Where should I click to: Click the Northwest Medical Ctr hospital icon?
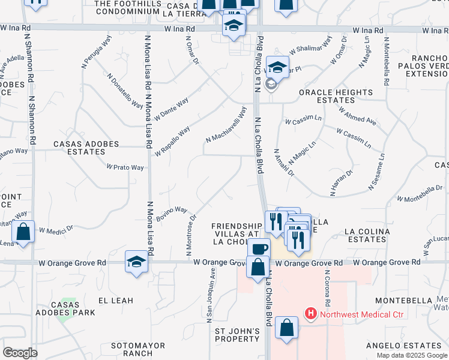coord(311,313)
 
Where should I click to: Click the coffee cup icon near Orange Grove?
coord(259,248)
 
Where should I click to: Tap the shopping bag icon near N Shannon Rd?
coord(23,232)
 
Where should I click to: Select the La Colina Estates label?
coord(366,235)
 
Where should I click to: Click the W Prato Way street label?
coord(125,167)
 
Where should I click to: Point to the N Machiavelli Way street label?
coord(226,125)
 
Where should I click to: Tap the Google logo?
coord(20,353)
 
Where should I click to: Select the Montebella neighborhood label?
coord(403,300)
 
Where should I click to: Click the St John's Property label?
coord(237,335)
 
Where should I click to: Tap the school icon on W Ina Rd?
coord(234,25)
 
